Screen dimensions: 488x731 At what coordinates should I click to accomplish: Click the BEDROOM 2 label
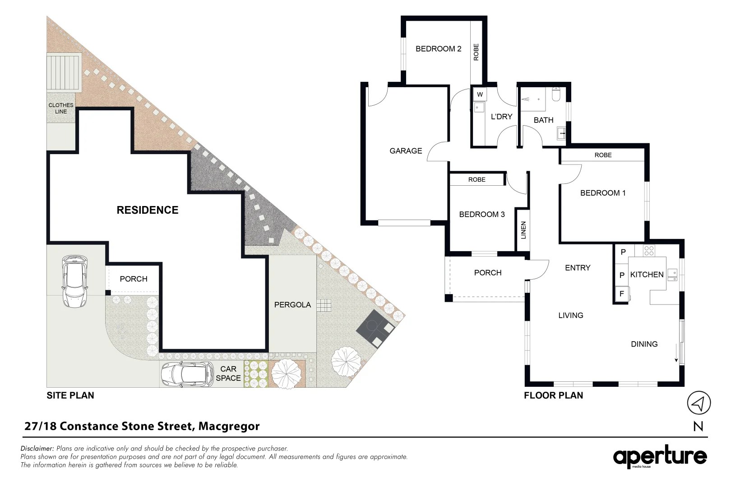[x=438, y=49]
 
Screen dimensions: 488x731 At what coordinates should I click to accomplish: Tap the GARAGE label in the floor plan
[x=406, y=151]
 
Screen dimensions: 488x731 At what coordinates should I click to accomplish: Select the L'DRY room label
[x=501, y=117]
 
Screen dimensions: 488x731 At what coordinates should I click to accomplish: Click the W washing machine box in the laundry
[x=480, y=94]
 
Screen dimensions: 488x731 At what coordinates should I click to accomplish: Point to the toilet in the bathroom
[x=556, y=94]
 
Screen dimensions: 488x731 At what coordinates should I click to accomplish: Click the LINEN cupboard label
[x=523, y=230]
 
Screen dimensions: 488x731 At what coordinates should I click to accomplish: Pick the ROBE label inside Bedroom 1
[x=603, y=155]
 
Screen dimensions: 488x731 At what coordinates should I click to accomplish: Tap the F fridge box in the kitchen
[x=621, y=294]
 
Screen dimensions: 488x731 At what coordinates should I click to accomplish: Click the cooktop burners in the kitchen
[x=649, y=251]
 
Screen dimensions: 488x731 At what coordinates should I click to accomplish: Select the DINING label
[x=644, y=344]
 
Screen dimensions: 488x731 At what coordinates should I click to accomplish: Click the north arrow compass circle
[x=699, y=403]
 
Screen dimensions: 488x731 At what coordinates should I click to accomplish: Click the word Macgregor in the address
[x=229, y=426]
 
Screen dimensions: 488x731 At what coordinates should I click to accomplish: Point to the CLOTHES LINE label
[x=61, y=108]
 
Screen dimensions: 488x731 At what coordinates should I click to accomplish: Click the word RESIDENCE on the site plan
[x=148, y=210]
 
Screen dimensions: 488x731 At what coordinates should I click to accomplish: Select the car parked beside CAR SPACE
[x=187, y=374]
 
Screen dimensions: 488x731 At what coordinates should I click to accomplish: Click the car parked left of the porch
[x=74, y=282]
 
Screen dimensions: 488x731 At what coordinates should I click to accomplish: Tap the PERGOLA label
[x=292, y=305]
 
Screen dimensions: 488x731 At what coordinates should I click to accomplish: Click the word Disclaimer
[x=37, y=449]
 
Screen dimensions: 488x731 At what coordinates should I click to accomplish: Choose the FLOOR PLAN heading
[x=553, y=395]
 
